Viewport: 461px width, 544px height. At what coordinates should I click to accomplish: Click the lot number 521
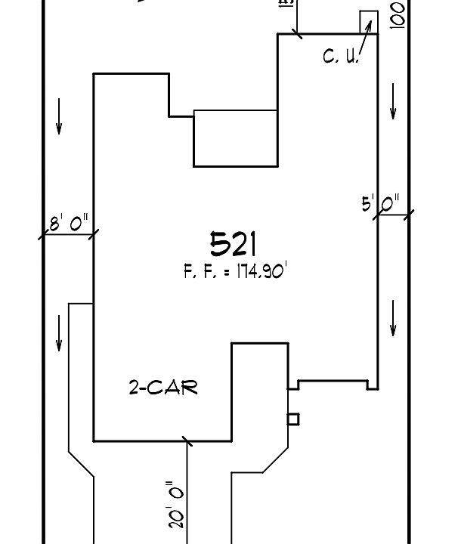tap(234, 243)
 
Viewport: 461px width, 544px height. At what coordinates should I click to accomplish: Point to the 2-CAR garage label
tap(162, 388)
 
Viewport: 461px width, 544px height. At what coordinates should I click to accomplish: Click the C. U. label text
tap(339, 57)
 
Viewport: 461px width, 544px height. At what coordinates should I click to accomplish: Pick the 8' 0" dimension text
tap(69, 222)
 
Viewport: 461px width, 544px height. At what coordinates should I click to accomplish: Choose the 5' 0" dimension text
tap(380, 204)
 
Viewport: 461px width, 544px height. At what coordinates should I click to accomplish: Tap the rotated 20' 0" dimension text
tap(176, 505)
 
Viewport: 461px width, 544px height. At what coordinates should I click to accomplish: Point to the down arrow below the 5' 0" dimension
tap(393, 318)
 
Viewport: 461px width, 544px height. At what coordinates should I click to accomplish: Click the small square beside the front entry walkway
tap(293, 419)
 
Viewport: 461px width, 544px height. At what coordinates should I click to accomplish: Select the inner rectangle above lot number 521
tap(236, 138)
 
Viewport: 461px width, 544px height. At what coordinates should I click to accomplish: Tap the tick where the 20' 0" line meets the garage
tap(187, 440)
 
